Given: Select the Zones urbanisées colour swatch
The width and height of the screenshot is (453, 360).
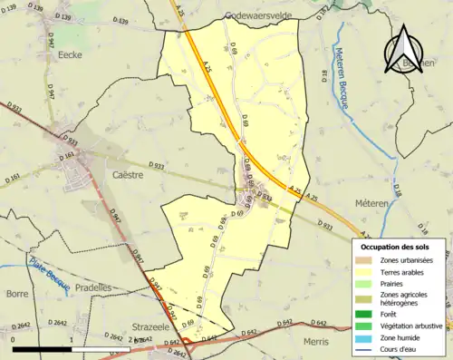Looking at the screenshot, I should coord(365,260).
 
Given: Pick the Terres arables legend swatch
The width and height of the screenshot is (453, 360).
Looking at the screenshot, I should coord(365,272).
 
